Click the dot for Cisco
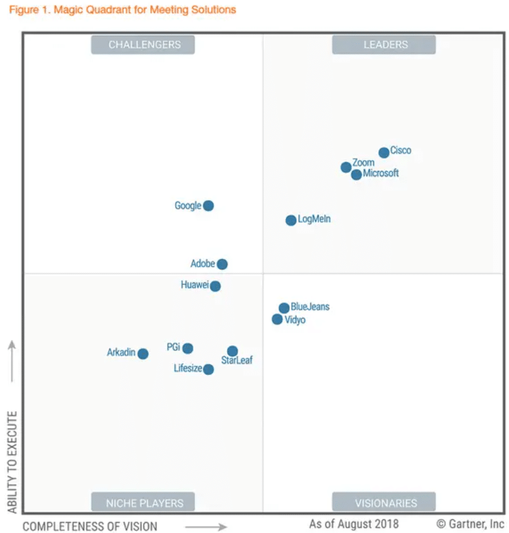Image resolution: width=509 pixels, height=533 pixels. (384, 153)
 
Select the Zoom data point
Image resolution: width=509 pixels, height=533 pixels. (346, 168)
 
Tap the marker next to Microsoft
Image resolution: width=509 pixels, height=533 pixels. (357, 175)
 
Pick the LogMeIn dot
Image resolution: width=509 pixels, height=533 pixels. (291, 220)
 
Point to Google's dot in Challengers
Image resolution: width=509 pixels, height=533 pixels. (208, 206)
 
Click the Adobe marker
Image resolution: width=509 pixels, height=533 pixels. (222, 264)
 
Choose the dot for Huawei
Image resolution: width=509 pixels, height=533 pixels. (215, 286)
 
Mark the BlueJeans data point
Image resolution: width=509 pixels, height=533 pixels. (284, 308)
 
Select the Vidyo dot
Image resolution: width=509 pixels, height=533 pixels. (278, 319)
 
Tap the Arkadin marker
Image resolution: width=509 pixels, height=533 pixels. (143, 354)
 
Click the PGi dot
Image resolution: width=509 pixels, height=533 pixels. (187, 348)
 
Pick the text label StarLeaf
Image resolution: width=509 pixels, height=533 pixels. (237, 361)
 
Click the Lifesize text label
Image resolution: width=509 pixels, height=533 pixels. (188, 369)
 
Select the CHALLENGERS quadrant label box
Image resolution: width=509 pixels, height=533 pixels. (143, 45)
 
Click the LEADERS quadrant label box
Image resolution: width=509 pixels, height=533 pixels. (385, 45)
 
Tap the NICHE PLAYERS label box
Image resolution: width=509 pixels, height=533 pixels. (143, 503)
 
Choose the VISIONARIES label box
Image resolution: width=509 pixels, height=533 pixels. (385, 503)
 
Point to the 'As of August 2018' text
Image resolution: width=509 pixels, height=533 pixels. (353, 523)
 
